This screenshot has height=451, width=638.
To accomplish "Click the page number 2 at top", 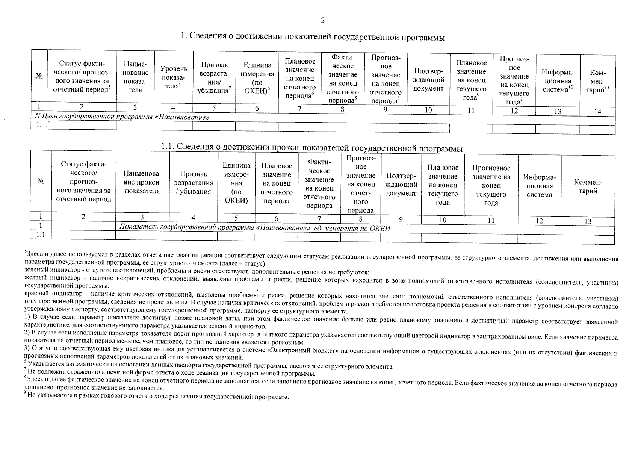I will coord(322,20).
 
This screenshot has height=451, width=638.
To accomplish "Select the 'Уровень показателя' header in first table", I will coord(173,77).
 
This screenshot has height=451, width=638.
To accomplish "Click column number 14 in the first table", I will coord(597,112).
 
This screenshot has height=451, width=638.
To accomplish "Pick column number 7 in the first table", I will coord(299,109).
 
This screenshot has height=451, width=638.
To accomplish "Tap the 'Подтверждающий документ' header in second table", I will coord(401,185).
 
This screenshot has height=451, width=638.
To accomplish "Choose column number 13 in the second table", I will coord(588,221).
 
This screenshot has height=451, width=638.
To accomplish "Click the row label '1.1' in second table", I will coord(41,235).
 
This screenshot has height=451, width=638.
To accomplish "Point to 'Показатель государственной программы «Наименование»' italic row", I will coord(255,228).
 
